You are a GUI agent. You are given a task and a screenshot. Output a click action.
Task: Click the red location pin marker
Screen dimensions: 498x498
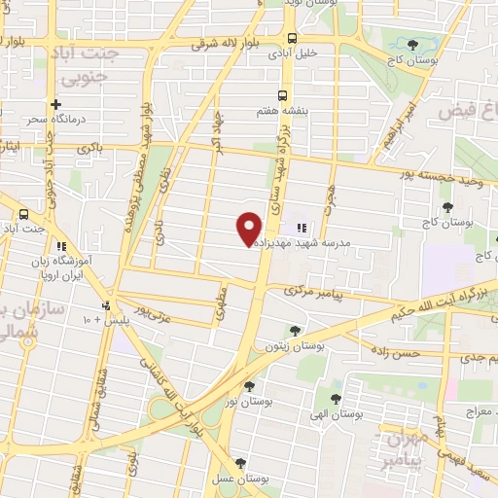pyautogui.click(x=250, y=228)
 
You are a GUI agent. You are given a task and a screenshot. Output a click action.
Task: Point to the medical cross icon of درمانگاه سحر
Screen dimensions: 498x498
pyautogui.click(x=56, y=103)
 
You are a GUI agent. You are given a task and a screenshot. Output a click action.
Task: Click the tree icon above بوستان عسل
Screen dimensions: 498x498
pyautogui.click(x=240, y=464)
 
